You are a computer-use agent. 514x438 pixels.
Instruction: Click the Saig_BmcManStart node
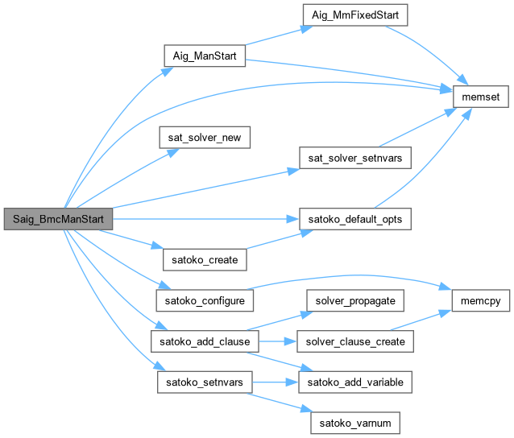(57, 218)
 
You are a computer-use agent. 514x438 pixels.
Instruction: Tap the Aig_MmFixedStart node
(354, 15)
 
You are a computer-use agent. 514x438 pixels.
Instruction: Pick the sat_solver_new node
(204, 138)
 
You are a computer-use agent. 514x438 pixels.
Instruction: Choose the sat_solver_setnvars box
(355, 158)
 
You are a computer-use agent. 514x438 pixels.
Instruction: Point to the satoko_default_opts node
(355, 218)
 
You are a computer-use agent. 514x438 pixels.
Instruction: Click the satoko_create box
(204, 259)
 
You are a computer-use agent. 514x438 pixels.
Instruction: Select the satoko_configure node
(204, 300)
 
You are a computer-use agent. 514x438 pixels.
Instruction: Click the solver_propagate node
(355, 300)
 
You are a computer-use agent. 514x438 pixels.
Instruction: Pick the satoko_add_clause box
(204, 341)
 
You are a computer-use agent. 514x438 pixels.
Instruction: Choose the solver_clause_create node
(355, 341)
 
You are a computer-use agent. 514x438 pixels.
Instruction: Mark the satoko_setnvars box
(204, 381)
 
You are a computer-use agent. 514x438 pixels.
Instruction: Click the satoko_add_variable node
(355, 381)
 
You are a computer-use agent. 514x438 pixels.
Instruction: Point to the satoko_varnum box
(355, 421)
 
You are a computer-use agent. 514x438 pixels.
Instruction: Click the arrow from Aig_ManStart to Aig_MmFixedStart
(274, 36)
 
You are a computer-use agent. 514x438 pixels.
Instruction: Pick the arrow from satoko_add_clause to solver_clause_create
(277, 341)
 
